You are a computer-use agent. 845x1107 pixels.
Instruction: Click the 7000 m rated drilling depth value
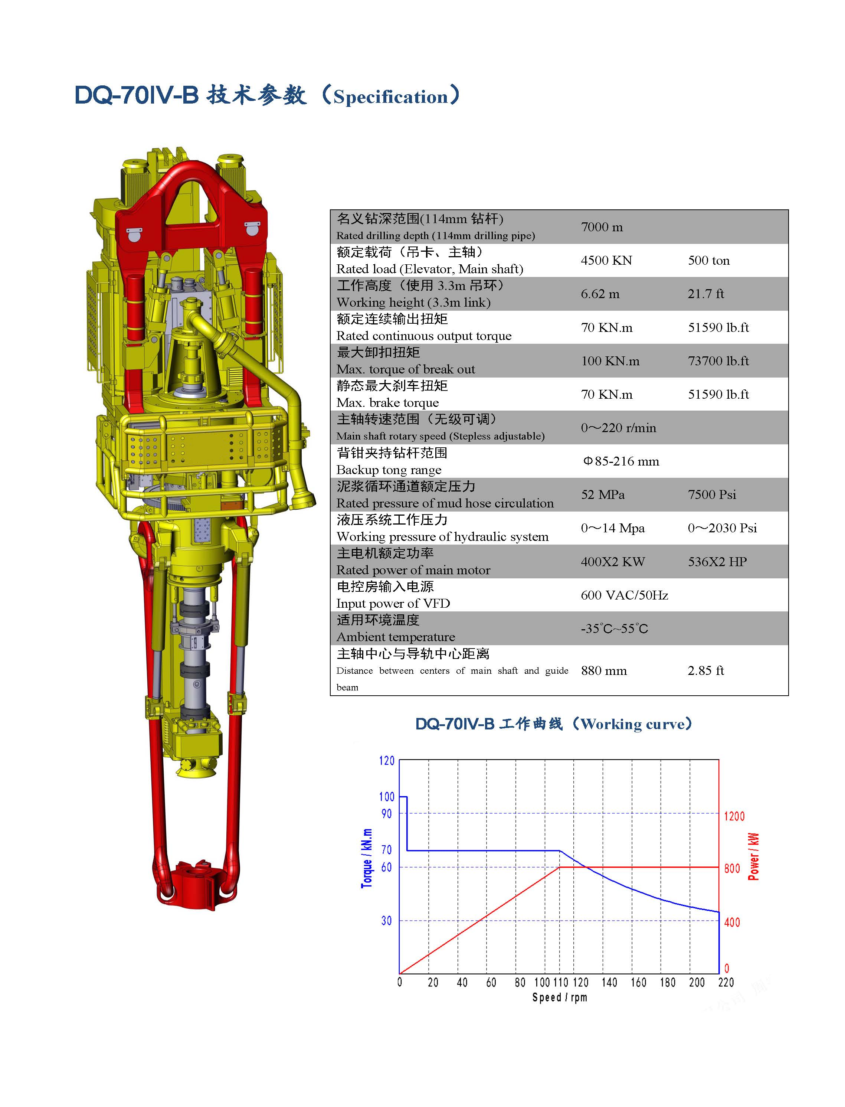click(602, 227)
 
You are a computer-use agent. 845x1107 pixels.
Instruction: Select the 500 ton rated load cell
click(709, 260)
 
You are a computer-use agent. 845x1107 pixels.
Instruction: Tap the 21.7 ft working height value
click(706, 294)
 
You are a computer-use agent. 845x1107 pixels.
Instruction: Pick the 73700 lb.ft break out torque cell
click(718, 361)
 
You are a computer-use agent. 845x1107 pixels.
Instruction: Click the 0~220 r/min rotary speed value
click(618, 428)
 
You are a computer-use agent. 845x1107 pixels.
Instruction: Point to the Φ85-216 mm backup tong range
click(621, 461)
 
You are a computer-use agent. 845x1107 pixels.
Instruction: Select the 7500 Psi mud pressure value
click(712, 494)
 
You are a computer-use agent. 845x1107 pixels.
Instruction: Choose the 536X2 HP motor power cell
click(717, 562)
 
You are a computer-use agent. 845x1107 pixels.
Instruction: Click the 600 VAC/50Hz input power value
click(624, 595)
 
